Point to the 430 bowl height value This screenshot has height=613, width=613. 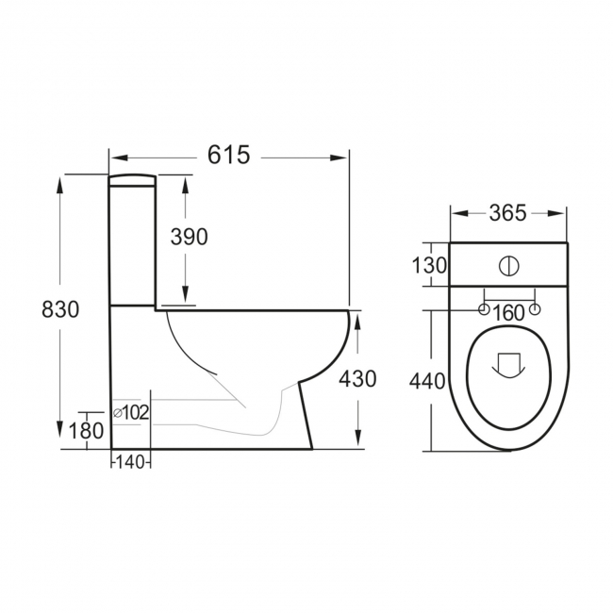(357, 378)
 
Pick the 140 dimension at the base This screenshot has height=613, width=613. (131, 463)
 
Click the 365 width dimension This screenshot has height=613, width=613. (508, 213)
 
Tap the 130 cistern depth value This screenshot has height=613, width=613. (429, 265)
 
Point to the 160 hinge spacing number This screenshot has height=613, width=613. (509, 312)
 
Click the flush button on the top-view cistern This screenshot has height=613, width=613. (509, 265)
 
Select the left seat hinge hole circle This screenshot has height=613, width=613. (484, 309)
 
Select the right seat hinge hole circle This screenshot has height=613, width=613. (536, 309)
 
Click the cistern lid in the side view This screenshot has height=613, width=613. (131, 180)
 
